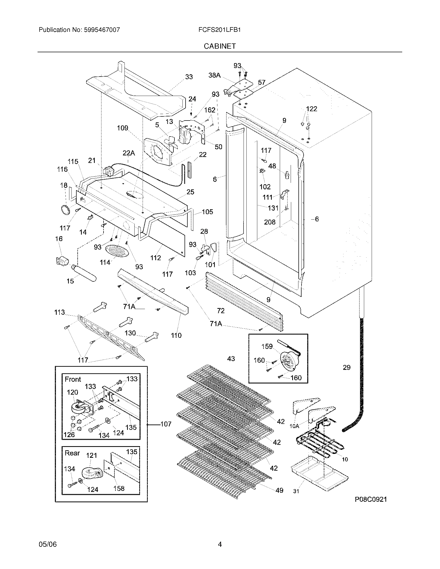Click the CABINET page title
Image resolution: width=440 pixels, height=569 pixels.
coord(219,46)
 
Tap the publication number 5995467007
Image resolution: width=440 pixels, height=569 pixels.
coord(102,30)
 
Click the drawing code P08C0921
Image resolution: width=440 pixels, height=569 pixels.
coord(370,499)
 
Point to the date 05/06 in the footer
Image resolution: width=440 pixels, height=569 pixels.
coord(47,544)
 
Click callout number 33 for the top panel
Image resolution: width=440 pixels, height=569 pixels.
coord(189,77)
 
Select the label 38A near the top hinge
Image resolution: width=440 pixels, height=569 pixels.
coord(214,75)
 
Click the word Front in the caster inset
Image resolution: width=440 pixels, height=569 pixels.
coord(73,379)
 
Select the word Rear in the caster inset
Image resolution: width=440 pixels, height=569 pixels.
coord(72,453)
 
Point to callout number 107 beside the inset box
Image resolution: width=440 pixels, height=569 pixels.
coord(166,424)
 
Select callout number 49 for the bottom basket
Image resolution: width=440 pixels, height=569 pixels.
coord(279,490)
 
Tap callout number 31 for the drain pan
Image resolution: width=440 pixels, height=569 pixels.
coord(296,491)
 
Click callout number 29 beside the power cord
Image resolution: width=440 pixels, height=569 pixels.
coord(346,368)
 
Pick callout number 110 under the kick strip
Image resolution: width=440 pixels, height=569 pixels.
coord(176,335)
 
